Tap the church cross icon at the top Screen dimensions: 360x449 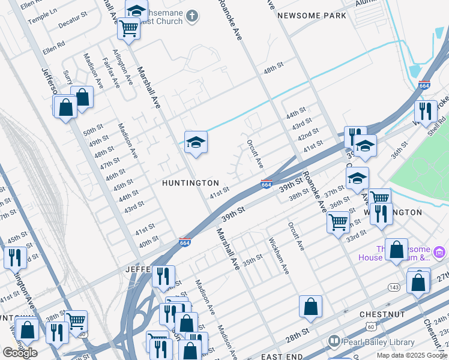[192, 16]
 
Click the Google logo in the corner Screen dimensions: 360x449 [20, 352]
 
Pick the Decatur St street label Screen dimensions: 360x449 [73, 20]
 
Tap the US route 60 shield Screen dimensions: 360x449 [372, 326]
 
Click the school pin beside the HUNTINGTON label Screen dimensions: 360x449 [196, 143]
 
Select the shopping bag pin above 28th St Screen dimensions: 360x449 [310, 307]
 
